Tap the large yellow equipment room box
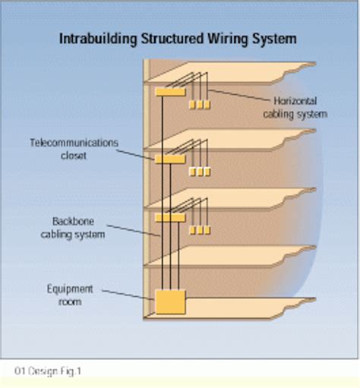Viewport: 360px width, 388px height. [x=169, y=302]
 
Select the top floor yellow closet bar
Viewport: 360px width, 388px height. [x=169, y=92]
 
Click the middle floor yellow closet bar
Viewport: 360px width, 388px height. [x=169, y=159]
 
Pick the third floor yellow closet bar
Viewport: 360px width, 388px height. [x=169, y=218]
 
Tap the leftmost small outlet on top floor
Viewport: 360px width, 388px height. [x=193, y=104]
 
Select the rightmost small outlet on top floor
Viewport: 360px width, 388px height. [x=207, y=104]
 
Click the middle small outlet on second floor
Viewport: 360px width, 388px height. [x=200, y=172]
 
